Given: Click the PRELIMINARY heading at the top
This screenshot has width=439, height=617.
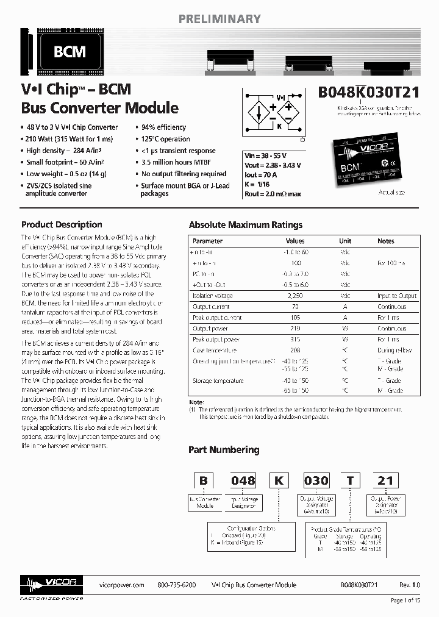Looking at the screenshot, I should click(x=220, y=19).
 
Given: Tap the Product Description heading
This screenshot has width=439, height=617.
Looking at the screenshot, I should click(x=62, y=224).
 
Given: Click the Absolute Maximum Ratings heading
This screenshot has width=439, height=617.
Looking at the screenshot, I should click(x=245, y=225).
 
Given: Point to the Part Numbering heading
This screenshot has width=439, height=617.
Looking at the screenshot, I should click(x=224, y=450).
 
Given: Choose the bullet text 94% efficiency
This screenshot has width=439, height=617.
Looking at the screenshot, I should click(x=163, y=127).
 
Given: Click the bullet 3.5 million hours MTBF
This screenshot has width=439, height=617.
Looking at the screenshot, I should click(x=176, y=162).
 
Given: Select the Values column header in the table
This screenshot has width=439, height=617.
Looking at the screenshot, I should click(x=295, y=241).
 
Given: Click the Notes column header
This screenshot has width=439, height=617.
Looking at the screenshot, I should click(x=385, y=241).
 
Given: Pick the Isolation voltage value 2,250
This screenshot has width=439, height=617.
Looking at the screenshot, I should click(x=295, y=296).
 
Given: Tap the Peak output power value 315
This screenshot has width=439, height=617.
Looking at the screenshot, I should click(x=295, y=340).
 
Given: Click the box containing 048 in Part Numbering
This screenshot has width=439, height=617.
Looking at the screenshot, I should click(x=243, y=480).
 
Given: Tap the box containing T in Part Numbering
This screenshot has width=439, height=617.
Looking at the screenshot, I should click(x=349, y=480).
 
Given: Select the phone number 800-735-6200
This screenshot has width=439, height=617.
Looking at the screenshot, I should click(x=177, y=585).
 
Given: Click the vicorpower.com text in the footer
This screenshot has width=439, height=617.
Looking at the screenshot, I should click(x=121, y=585).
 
